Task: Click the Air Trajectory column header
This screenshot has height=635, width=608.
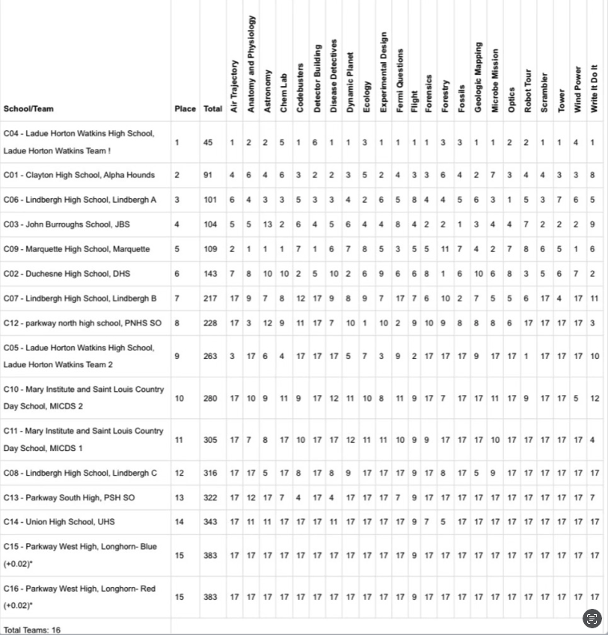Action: (234, 87)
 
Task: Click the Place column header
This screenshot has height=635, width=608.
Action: (185, 108)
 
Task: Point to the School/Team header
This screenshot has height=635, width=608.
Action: (28, 108)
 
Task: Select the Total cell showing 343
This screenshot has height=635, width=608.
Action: (211, 522)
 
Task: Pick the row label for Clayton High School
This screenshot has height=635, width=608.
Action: (79, 175)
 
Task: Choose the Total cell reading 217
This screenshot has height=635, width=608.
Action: (211, 298)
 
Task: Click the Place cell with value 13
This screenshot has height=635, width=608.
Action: (179, 497)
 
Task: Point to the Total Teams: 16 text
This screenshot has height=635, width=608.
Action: (32, 630)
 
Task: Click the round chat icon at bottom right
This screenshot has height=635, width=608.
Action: (592, 619)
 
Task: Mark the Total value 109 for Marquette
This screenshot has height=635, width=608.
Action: (211, 249)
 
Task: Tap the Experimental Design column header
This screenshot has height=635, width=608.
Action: (384, 72)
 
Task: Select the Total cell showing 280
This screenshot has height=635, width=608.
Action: (211, 399)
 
